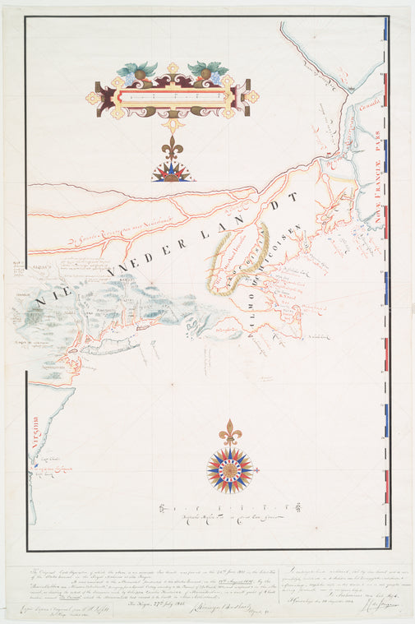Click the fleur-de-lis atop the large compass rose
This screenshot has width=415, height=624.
click(x=230, y=432)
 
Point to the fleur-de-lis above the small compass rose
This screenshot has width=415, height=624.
click(x=173, y=151)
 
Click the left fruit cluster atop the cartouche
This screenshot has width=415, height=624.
click(x=137, y=72)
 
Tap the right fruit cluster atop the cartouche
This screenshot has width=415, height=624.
click(x=207, y=72)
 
